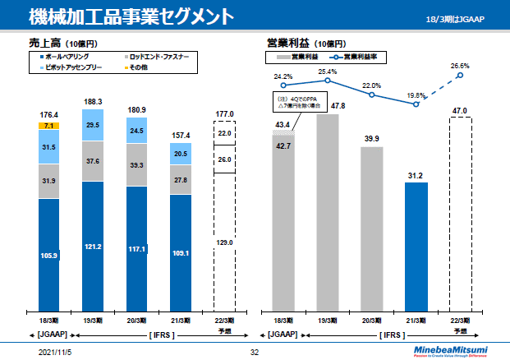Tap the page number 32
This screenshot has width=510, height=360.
pos(254,352)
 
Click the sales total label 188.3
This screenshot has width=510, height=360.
pos(92,102)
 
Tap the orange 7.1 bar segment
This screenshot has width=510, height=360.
pos(48,126)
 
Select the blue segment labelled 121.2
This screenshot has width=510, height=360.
pos(92,246)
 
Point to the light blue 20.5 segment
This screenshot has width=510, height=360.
pos(180,154)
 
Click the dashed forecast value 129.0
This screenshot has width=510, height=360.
pos(224,242)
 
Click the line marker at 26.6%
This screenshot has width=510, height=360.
pos(460,76)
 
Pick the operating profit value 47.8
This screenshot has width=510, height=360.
pos(327,107)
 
